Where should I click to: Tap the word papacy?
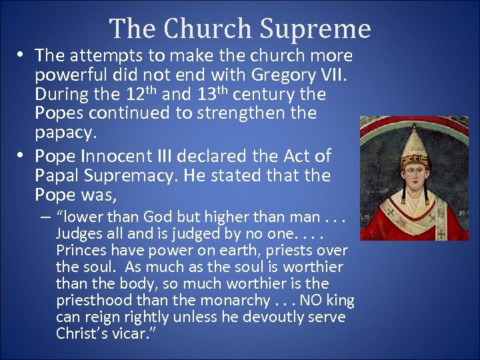pyautogui.click(x=66, y=132)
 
